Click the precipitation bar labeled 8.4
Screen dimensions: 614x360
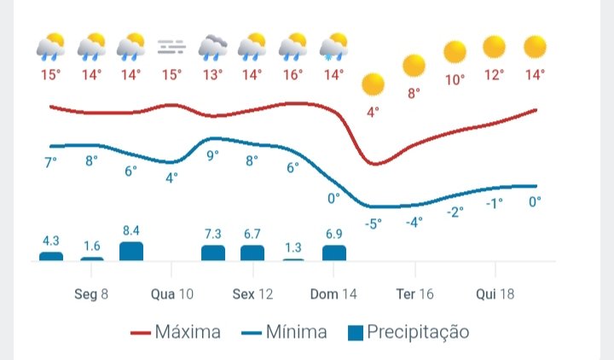click(131, 251)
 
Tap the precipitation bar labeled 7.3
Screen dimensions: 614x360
click(213, 253)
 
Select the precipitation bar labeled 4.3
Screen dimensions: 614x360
click(51, 256)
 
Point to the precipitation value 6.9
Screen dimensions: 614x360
click(334, 234)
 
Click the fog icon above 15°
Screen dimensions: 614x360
click(171, 47)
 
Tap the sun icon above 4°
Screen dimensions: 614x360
click(374, 84)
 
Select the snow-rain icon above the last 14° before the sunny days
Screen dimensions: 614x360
click(333, 47)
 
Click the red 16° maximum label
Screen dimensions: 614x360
click(293, 75)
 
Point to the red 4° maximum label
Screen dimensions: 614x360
click(373, 113)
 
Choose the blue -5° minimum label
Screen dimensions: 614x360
click(374, 224)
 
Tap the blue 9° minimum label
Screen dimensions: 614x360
click(212, 155)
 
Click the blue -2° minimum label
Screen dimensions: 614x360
click(455, 212)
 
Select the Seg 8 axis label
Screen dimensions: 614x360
click(91, 293)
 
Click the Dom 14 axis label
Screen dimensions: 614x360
click(333, 293)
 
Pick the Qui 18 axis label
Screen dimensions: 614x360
click(495, 293)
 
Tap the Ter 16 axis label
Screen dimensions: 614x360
click(414, 293)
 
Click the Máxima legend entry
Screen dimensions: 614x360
click(176, 332)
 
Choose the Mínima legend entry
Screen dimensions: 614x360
click(284, 332)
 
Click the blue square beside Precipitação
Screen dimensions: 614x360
click(356, 333)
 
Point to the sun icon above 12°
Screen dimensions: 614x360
click(494, 47)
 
